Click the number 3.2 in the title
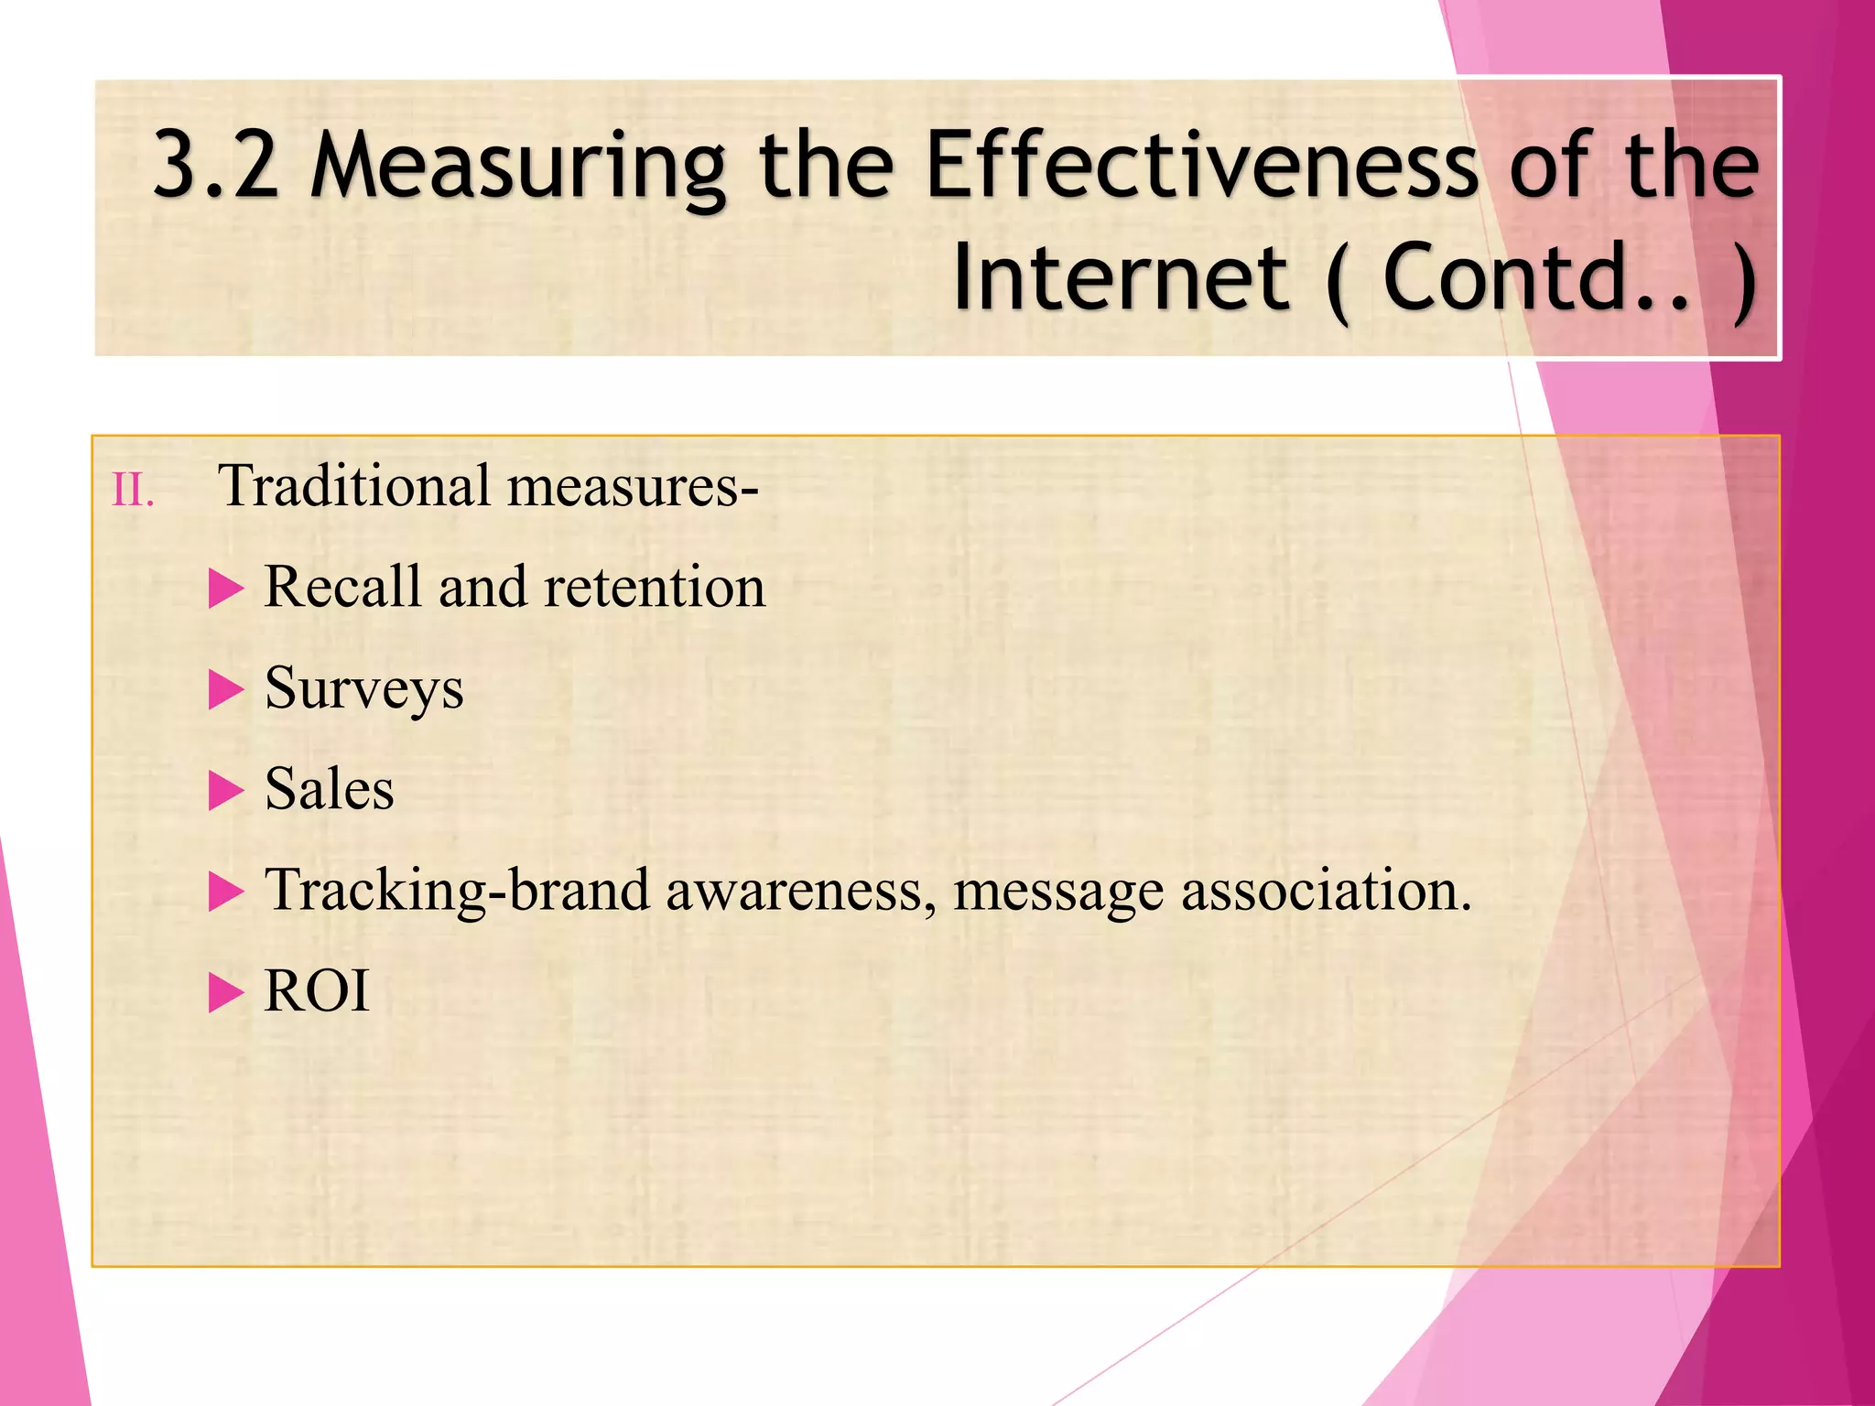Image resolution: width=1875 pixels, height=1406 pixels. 216,165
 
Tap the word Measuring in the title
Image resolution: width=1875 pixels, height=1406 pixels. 518,167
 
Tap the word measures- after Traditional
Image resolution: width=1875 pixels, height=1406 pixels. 633,486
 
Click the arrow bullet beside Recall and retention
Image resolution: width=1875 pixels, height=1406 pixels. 226,588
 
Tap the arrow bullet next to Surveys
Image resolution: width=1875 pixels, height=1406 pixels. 226,689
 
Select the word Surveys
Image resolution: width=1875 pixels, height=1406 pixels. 363,689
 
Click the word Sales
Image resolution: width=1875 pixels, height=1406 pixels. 329,789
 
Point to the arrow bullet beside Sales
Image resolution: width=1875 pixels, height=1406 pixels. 226,790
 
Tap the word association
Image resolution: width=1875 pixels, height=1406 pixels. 1326,891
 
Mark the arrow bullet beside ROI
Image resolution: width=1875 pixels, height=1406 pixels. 226,992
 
